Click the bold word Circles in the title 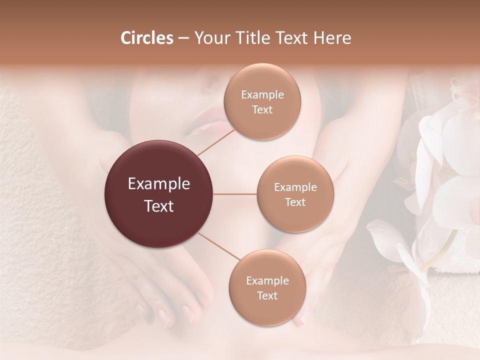point(146,38)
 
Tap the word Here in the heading point(331,38)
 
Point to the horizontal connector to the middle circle point(235,194)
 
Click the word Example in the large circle point(159,184)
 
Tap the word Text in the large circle point(159,206)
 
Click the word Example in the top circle point(262,95)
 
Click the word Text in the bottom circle point(267,295)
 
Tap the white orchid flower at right point(445,150)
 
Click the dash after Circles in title point(183,38)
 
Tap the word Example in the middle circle point(295,187)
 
